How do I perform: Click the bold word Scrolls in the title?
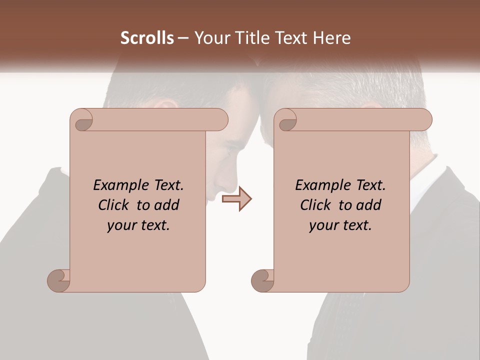(x=147, y=38)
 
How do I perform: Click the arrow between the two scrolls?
(x=236, y=199)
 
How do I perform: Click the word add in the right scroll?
(x=369, y=205)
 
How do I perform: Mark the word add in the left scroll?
(x=167, y=205)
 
